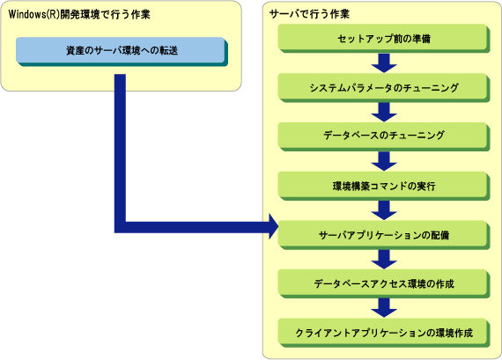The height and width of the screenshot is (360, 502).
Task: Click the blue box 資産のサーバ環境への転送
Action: tap(122, 52)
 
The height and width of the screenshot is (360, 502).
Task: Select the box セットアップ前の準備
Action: tap(384, 39)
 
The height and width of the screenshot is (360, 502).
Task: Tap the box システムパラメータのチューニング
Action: tap(384, 88)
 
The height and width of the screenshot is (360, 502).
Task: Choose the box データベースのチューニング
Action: tap(384, 136)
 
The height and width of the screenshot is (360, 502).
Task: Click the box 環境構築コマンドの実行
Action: tap(384, 186)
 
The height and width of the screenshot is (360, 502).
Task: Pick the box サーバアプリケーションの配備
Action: tap(384, 235)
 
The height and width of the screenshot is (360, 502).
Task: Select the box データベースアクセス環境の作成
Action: tap(384, 283)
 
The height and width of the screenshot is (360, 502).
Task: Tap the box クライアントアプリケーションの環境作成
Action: tap(384, 333)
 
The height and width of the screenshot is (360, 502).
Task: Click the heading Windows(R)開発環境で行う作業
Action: tap(79, 14)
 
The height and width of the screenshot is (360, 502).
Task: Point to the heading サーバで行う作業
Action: tap(309, 14)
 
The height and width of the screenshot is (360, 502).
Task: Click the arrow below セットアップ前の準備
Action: tap(384, 63)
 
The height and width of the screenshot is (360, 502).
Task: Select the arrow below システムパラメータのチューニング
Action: tap(384, 113)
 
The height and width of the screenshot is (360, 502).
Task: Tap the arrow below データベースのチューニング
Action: tap(384, 161)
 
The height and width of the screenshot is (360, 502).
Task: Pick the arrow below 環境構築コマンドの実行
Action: tap(384, 210)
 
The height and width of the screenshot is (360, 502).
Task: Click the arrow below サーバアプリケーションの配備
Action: tap(384, 260)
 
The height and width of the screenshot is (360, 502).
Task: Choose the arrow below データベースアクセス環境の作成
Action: tap(384, 308)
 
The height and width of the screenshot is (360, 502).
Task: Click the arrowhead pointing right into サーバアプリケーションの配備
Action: tap(273, 227)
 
